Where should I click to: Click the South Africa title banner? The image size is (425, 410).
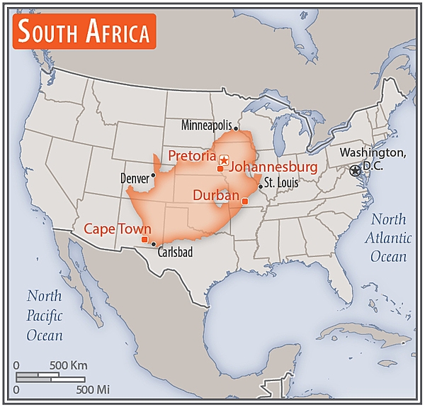84,32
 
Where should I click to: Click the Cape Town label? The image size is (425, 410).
118,228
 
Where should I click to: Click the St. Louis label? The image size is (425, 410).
282,182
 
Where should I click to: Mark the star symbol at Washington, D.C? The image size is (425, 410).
355,170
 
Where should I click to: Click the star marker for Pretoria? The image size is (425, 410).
224,160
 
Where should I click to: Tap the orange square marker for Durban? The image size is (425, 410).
245,201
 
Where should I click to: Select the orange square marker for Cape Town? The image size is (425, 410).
144,239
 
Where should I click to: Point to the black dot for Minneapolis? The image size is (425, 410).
237,128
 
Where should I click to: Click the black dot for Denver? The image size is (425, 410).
153,174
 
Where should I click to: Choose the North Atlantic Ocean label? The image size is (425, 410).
388,238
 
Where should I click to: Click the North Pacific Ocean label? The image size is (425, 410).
44,315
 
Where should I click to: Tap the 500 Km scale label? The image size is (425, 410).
68,365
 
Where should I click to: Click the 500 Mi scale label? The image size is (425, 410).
92,389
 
